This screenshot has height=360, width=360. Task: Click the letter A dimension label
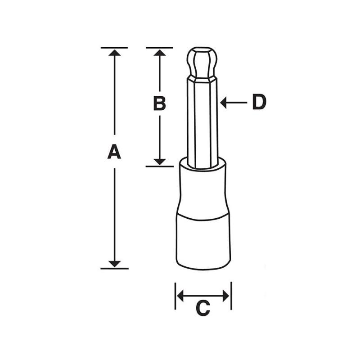click(114, 152)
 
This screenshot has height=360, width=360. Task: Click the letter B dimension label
click(159, 103)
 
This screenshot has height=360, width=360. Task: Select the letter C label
click(203, 308)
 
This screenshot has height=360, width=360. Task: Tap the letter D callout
click(259, 103)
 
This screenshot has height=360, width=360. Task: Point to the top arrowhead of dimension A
click(115, 53)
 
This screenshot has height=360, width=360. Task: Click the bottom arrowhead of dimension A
click(115, 263)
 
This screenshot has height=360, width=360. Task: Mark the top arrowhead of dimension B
click(159, 53)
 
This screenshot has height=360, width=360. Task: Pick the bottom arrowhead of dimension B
click(159, 161)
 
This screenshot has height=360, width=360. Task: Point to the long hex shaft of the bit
click(202, 121)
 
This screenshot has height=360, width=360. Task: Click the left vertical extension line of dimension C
click(175, 296)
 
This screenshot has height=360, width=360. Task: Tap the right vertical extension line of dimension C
click(231, 296)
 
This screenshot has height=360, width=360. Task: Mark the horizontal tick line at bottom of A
click(114, 269)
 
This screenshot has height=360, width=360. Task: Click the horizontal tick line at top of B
click(159, 47)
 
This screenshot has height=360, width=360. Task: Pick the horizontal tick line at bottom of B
click(159, 166)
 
